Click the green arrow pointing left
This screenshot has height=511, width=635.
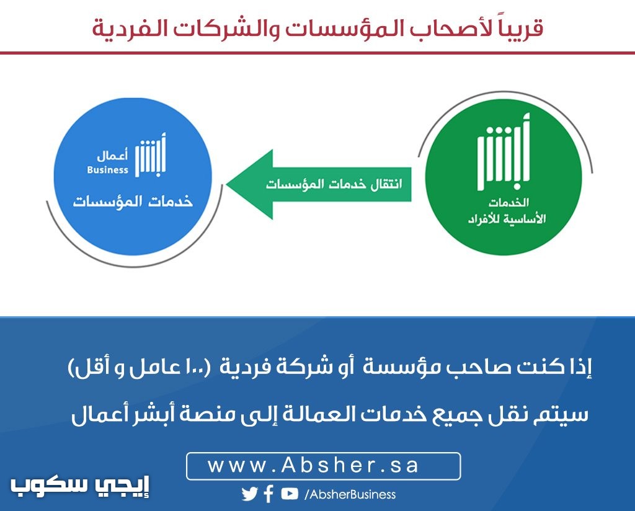[319, 185]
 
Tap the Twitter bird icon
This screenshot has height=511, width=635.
[250, 494]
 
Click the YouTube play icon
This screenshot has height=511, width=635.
[290, 494]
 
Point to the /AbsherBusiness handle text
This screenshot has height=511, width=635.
[350, 494]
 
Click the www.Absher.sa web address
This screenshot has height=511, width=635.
[313, 466]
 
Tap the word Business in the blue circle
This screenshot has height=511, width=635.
[107, 170]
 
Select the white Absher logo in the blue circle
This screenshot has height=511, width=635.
[151, 155]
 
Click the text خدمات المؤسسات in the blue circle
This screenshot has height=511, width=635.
[133, 201]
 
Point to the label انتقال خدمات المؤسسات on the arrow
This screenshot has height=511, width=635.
[334, 184]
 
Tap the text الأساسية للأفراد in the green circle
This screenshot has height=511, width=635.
[507, 219]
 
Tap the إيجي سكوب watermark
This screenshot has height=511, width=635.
[80, 486]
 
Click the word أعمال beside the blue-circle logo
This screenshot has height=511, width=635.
[112, 155]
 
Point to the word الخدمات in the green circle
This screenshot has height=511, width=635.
[508, 202]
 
